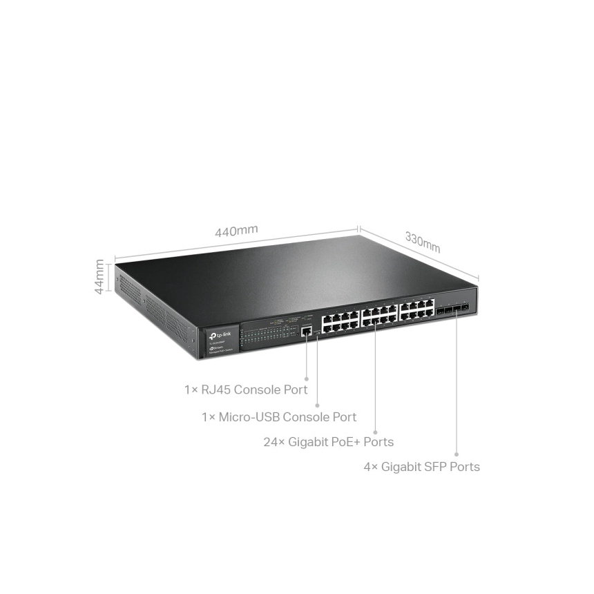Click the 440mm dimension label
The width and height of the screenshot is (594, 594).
pyautogui.click(x=236, y=231)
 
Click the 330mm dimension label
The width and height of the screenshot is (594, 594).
pyautogui.click(x=422, y=242)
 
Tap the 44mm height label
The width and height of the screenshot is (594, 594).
pyautogui.click(x=100, y=276)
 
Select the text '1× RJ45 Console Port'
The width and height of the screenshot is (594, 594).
pyautogui.click(x=245, y=390)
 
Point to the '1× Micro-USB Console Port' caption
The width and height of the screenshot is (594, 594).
pyautogui.click(x=279, y=417)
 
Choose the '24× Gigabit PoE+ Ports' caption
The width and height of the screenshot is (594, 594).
pyautogui.click(x=329, y=441)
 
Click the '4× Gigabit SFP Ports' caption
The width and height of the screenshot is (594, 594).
pyautogui.click(x=421, y=467)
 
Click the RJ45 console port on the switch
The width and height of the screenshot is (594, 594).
pyautogui.click(x=305, y=332)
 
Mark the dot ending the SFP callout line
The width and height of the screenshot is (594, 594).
pyautogui.click(x=457, y=453)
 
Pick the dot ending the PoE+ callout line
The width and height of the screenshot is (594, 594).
pyautogui.click(x=375, y=429)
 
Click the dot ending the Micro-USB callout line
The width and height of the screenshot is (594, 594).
pyautogui.click(x=317, y=404)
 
